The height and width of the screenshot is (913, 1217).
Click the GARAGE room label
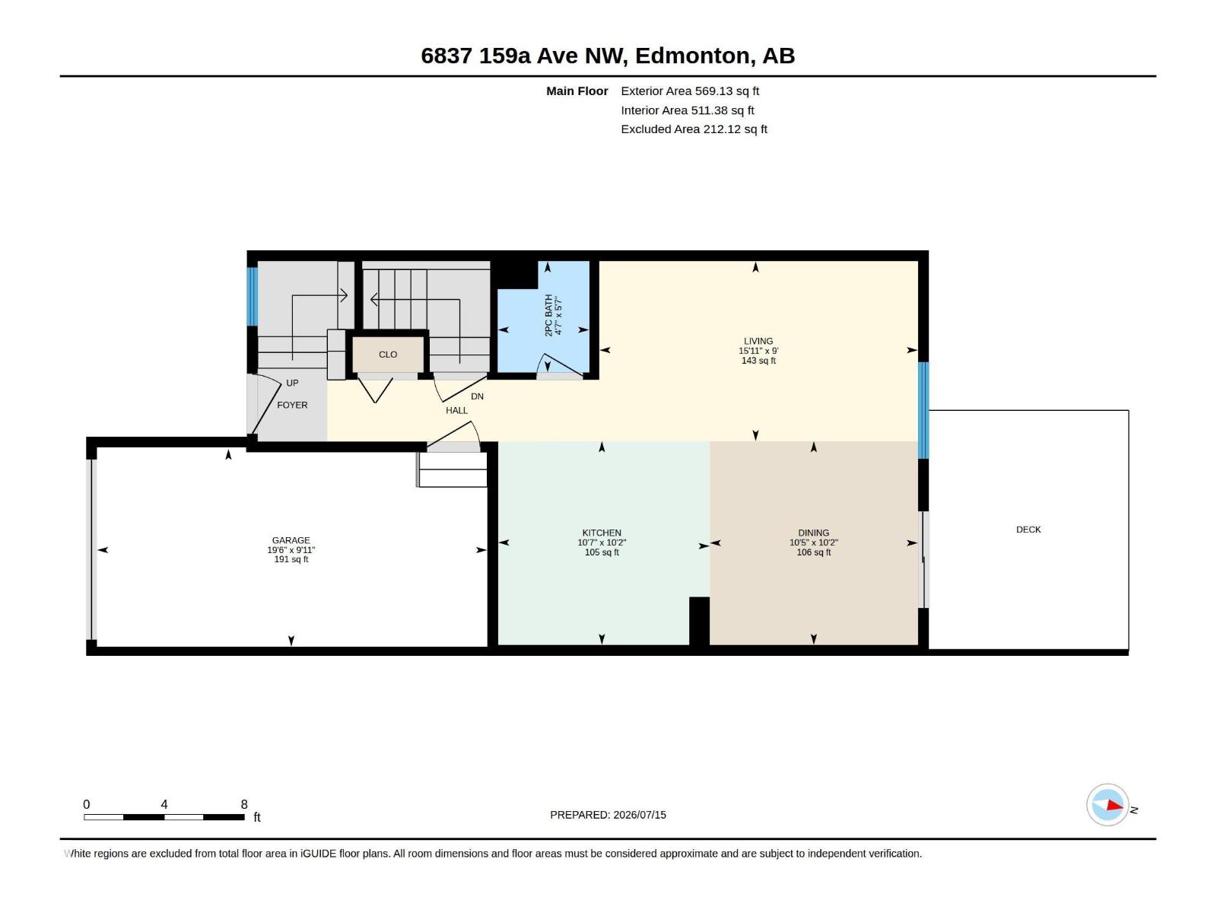point(291,540)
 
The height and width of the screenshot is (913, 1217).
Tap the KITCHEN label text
point(602,533)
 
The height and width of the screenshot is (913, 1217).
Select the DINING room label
point(813,533)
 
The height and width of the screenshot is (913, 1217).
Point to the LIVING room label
point(758,342)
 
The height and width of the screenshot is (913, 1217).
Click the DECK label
point(1028,530)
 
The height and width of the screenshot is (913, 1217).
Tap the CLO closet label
point(388,355)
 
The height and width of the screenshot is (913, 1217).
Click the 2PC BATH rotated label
point(548,315)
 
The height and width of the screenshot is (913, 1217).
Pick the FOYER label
point(291,406)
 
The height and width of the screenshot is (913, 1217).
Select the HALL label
point(456,410)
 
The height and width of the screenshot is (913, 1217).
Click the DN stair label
point(477,396)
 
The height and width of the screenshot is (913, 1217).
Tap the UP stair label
point(292,383)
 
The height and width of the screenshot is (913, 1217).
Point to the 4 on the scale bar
point(164,803)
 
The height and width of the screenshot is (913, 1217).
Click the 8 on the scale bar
point(244,803)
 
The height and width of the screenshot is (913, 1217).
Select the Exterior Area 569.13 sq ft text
point(690,91)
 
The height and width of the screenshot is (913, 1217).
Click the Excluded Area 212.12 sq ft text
point(694,129)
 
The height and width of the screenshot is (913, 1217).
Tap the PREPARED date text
point(608,815)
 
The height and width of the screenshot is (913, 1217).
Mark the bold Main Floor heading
point(577,91)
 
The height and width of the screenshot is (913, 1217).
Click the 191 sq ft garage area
point(291,559)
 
